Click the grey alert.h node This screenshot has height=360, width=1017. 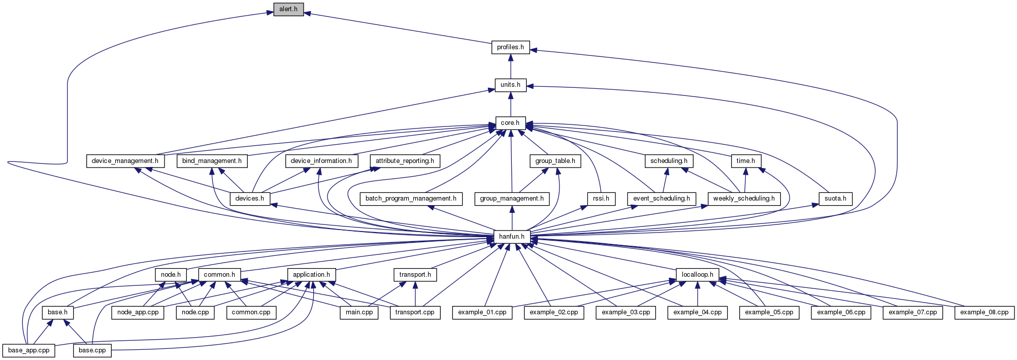click(288, 9)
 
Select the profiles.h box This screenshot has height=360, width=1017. click(510, 47)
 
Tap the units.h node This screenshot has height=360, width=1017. click(510, 85)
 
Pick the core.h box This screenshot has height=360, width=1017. click(510, 123)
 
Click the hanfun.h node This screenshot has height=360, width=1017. click(512, 237)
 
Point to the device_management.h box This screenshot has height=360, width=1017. click(125, 161)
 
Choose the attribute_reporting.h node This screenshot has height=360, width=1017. click(405, 161)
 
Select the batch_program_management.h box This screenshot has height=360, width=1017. click(411, 199)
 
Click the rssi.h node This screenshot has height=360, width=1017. click(601, 199)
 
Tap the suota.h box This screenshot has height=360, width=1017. click(835, 199)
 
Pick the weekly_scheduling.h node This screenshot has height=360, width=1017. click(744, 199)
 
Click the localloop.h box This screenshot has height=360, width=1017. click(697, 275)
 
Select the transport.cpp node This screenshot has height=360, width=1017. click(415, 312)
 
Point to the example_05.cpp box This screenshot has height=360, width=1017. click(769, 312)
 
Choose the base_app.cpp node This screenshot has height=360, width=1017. click(29, 350)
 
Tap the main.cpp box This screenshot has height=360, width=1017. click(359, 312)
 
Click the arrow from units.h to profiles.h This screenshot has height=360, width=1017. click(510, 67)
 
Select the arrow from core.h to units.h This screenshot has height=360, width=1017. click(510, 104)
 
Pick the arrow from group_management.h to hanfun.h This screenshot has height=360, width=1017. click(512, 218)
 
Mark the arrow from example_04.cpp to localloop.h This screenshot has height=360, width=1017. click(697, 293)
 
